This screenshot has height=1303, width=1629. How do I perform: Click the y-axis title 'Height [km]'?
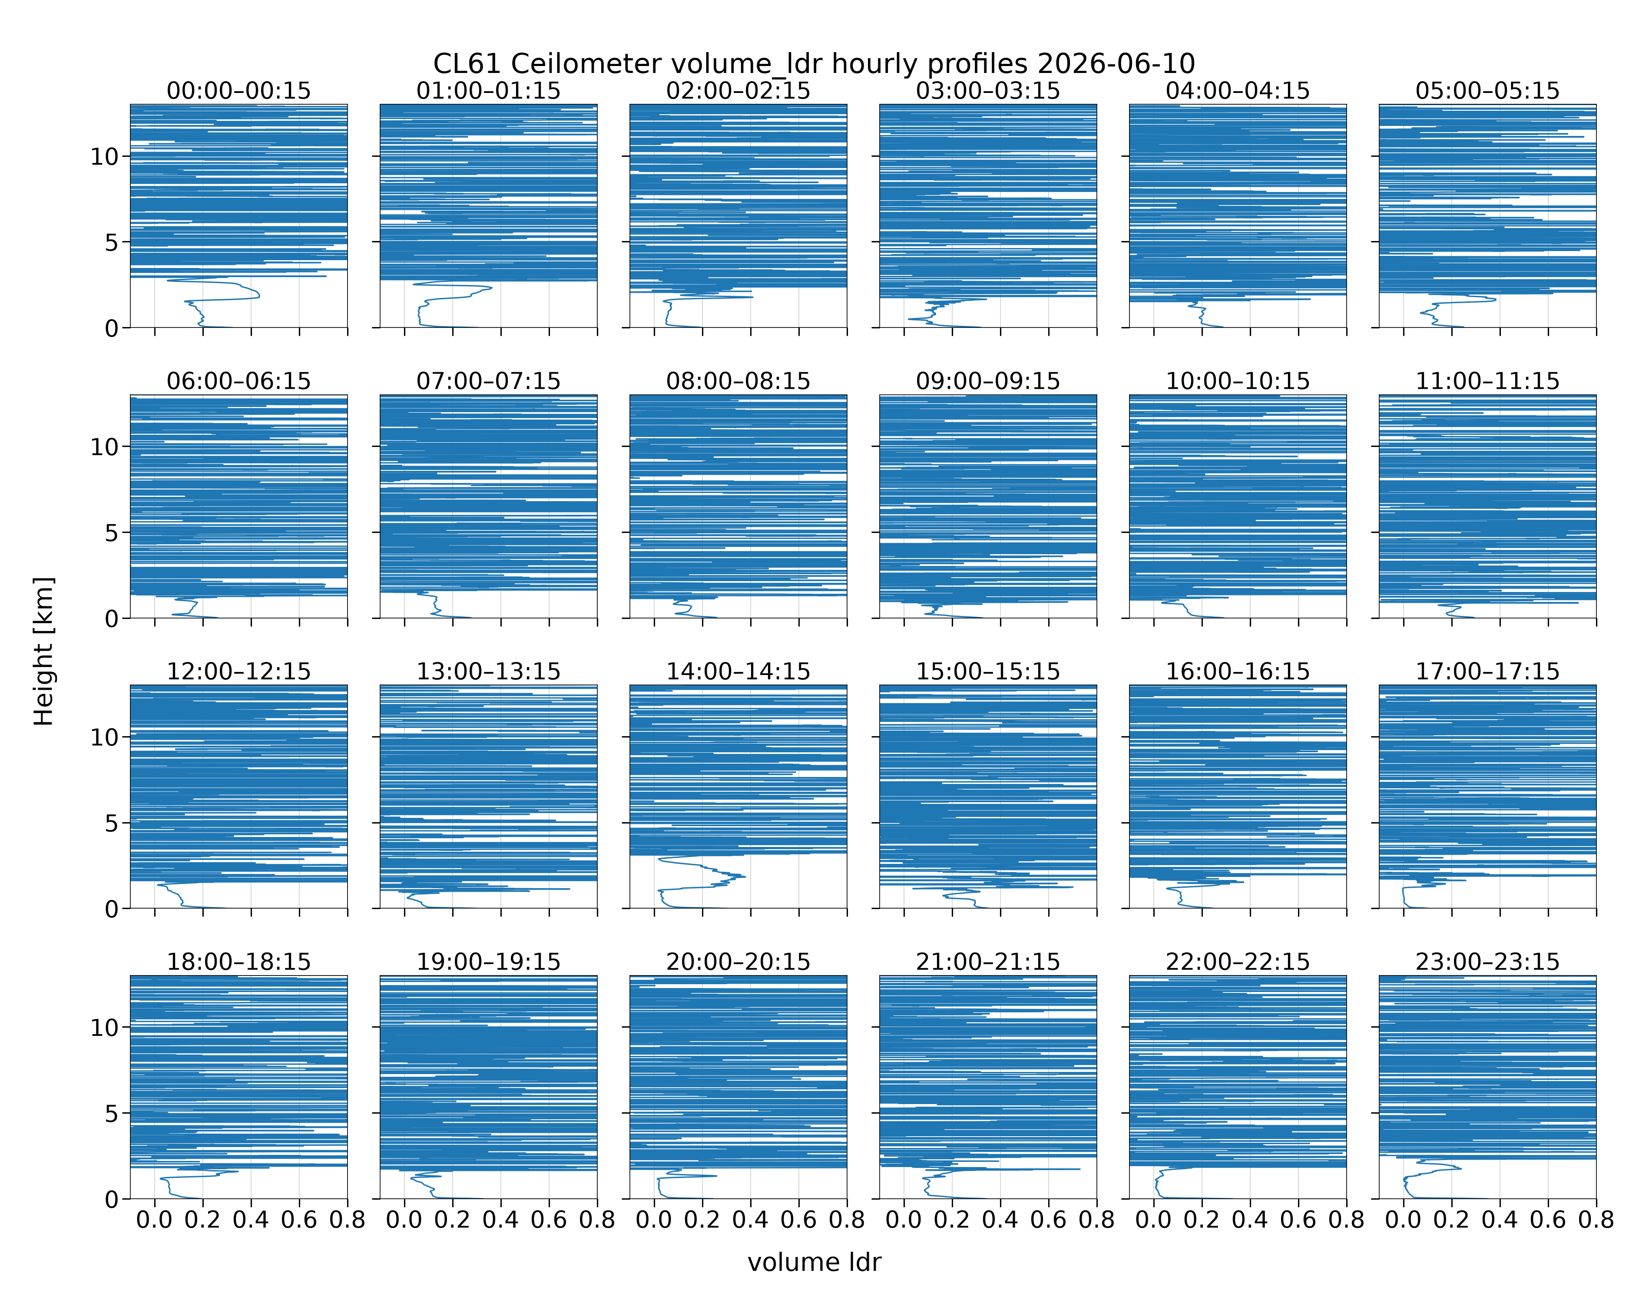(44, 651)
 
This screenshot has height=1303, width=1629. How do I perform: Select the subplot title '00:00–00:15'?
(239, 91)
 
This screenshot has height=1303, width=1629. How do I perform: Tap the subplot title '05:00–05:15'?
(1488, 91)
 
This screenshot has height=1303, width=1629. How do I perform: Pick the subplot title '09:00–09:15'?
(988, 381)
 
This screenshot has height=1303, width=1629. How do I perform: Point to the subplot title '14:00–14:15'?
(738, 671)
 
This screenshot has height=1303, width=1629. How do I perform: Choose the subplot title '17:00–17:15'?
(1488, 671)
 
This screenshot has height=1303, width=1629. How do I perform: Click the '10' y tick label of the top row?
(105, 157)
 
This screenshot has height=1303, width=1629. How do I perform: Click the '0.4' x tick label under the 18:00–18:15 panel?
(251, 1220)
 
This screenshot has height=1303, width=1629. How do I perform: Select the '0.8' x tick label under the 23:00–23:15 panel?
(1596, 1220)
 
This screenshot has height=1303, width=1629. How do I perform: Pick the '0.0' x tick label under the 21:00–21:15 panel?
(904, 1220)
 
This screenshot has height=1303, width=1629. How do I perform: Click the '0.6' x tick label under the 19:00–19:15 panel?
(549, 1220)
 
